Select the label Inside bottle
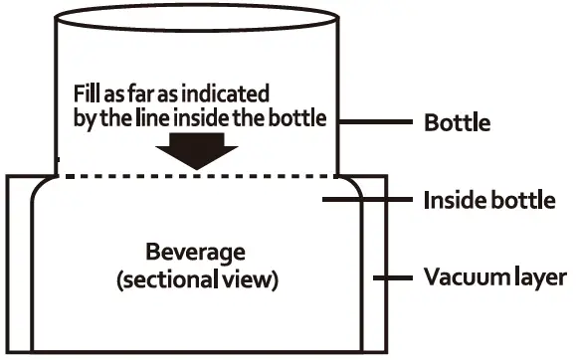pos(488,201)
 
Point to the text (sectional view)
pos(197,279)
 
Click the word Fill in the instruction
pos(87,94)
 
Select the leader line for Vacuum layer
pos(391,276)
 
